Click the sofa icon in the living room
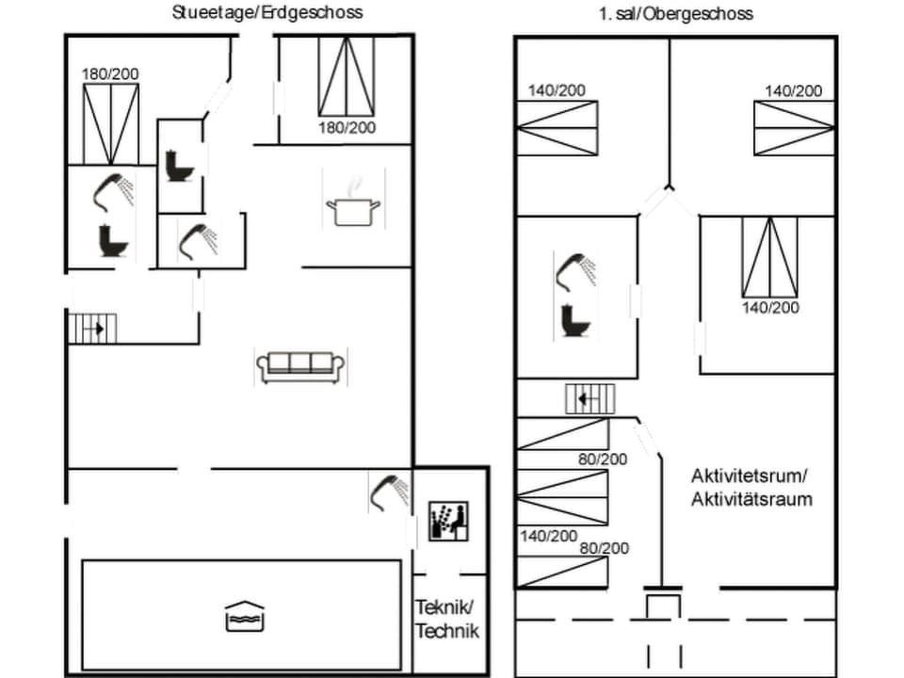click(x=300, y=364)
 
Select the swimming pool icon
click(x=245, y=617)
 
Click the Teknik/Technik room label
click(x=448, y=619)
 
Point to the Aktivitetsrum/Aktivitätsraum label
click(x=751, y=487)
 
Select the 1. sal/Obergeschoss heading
click(x=675, y=13)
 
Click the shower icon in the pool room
click(x=388, y=492)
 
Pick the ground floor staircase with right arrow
click(x=93, y=329)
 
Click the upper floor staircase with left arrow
click(x=589, y=399)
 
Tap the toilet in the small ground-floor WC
click(x=177, y=167)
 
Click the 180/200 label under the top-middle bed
click(x=347, y=127)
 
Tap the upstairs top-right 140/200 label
click(x=793, y=90)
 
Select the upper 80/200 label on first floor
click(x=603, y=460)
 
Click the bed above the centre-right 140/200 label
click(x=769, y=257)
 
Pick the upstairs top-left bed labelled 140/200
click(x=557, y=127)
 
